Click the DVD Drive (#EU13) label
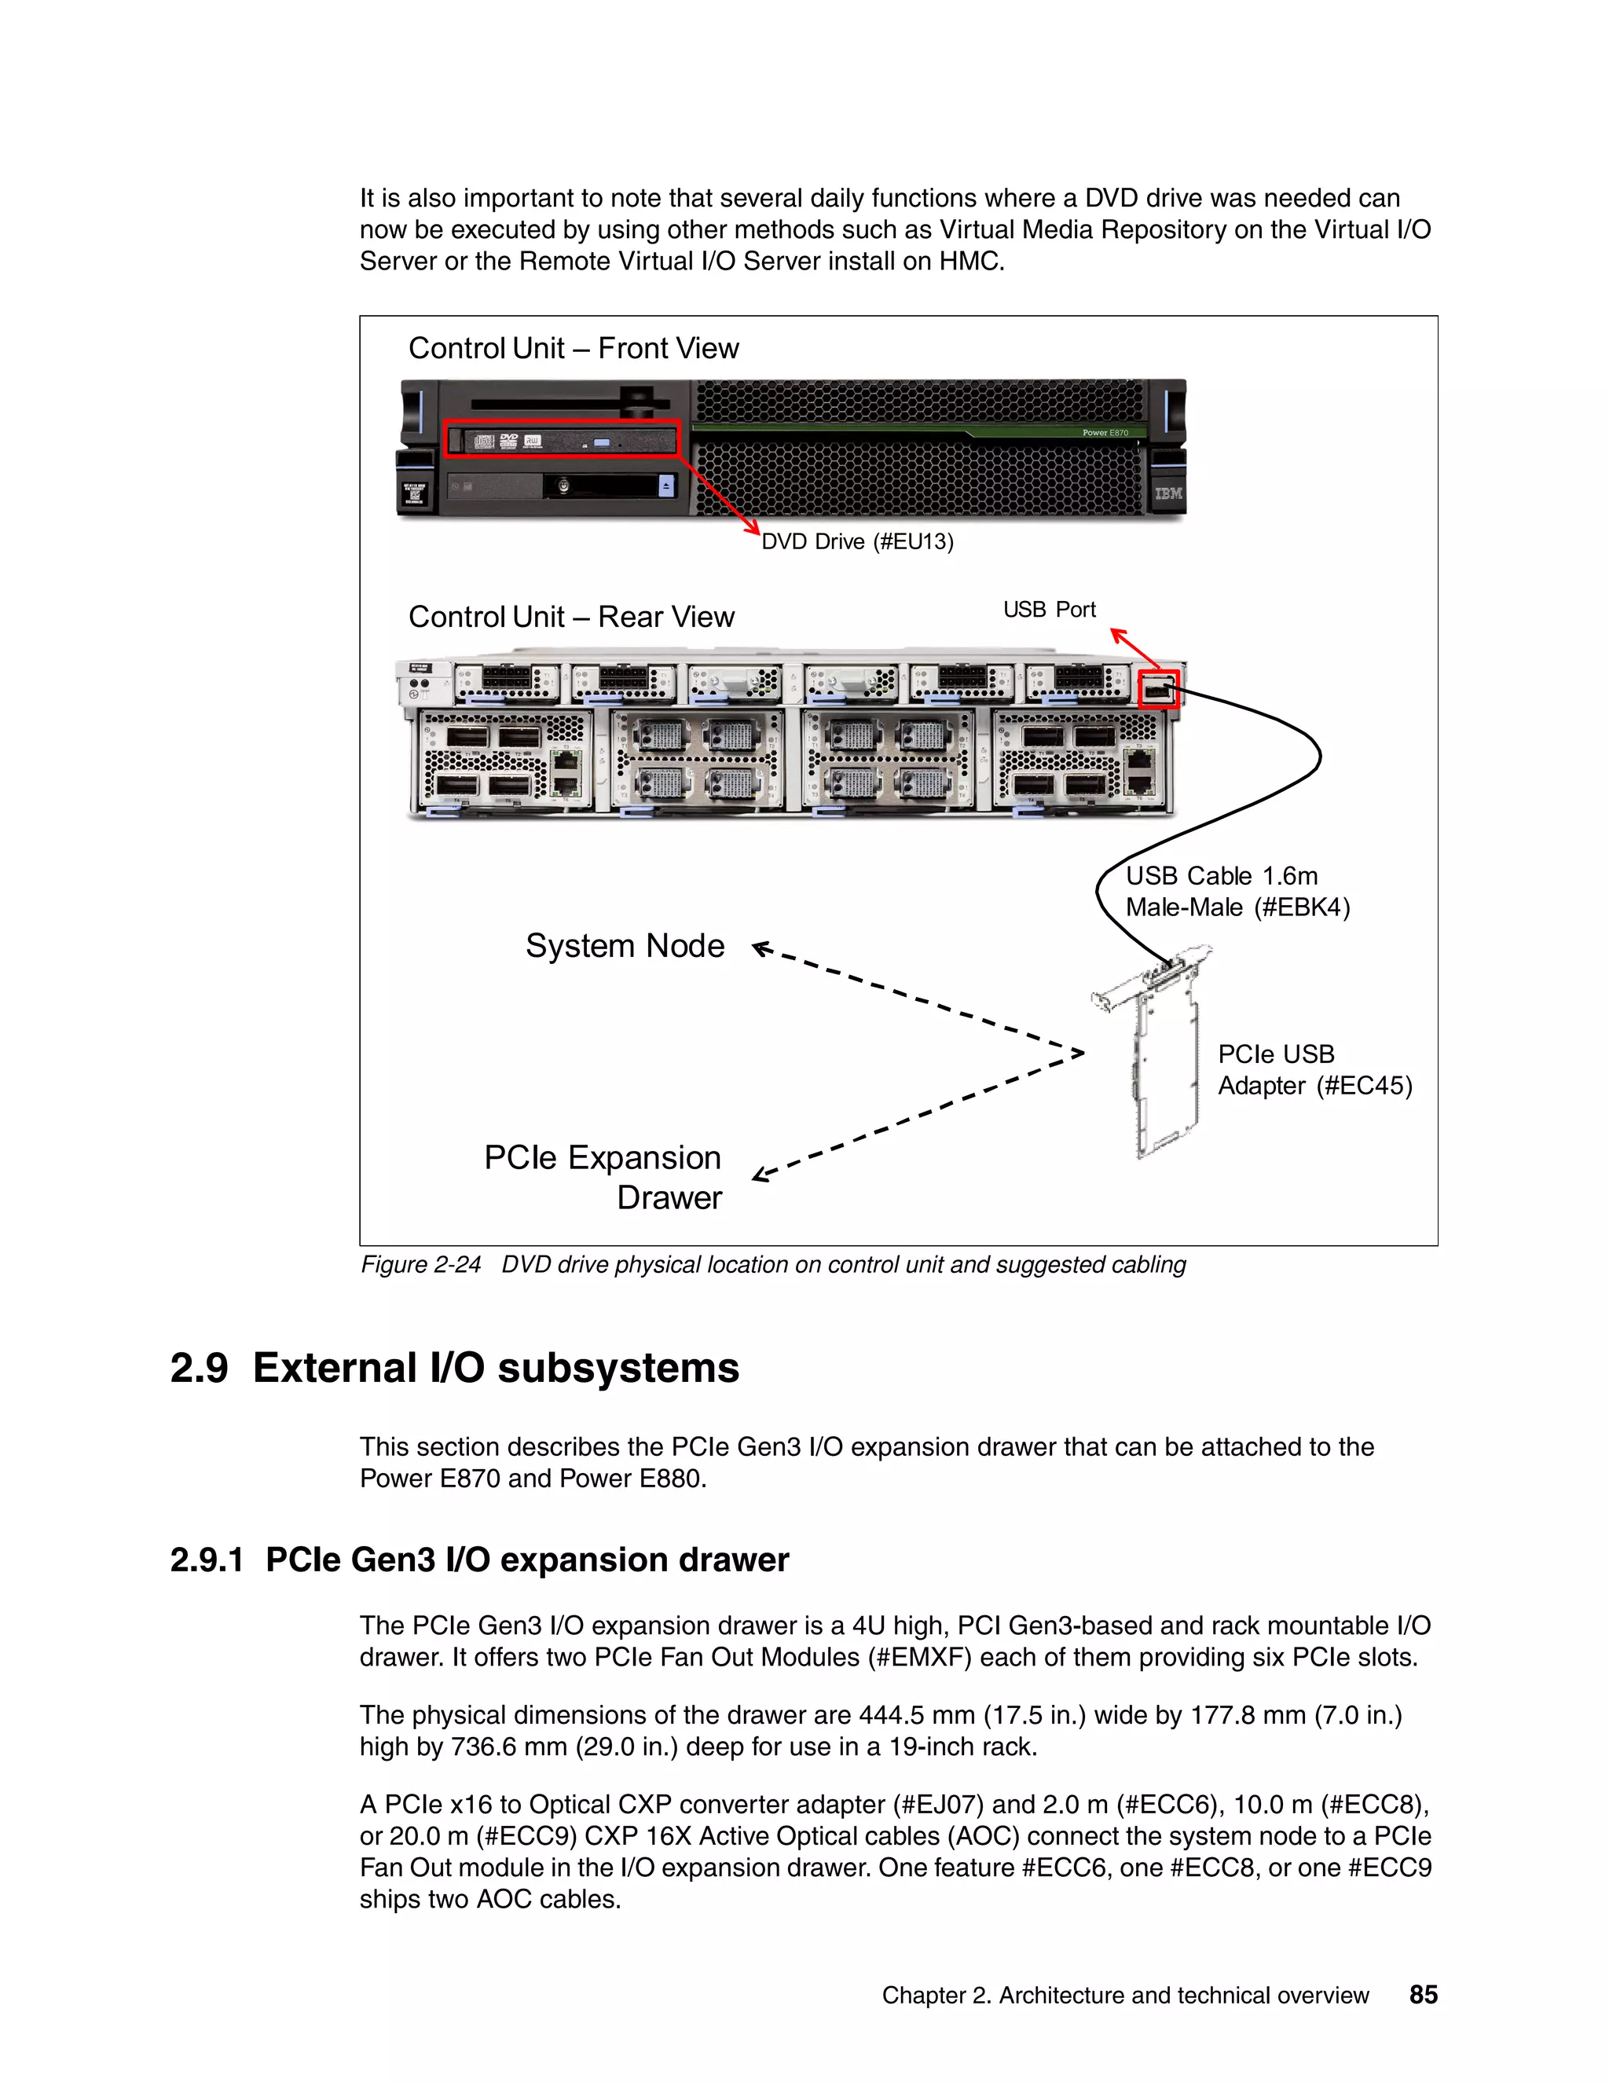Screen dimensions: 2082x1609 (857, 541)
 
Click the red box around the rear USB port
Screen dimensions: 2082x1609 (1159, 689)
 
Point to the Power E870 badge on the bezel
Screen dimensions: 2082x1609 (1105, 433)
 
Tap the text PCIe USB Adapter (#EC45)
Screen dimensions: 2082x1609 (1314, 1069)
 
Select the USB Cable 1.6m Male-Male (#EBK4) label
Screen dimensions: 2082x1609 (1237, 892)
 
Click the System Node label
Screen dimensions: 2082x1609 (625, 946)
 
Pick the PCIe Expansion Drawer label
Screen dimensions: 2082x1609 (603, 1178)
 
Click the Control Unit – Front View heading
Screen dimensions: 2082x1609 (573, 348)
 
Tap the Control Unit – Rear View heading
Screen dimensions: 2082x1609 (571, 617)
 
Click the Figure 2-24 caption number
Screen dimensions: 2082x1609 (420, 1264)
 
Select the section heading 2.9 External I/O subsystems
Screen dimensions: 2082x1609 (455, 1367)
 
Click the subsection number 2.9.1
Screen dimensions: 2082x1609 (206, 1560)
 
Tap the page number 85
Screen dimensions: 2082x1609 (1422, 1994)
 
